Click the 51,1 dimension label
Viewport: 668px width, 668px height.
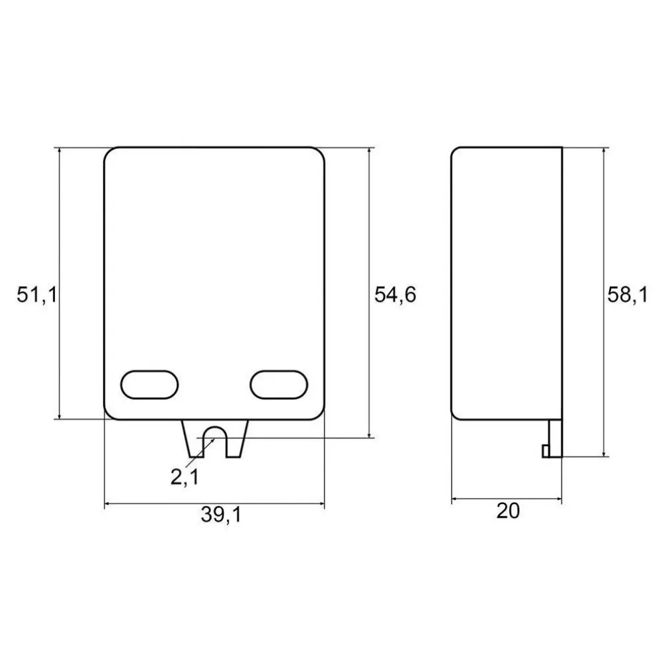(37, 295)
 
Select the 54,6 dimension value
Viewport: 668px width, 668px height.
(395, 295)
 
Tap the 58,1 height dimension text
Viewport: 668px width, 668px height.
(627, 295)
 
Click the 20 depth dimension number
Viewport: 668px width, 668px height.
(507, 511)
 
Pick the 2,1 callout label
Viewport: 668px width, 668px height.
(184, 476)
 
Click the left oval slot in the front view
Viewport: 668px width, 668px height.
(149, 384)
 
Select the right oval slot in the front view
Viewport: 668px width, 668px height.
(280, 384)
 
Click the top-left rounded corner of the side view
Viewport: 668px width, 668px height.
(456, 152)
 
